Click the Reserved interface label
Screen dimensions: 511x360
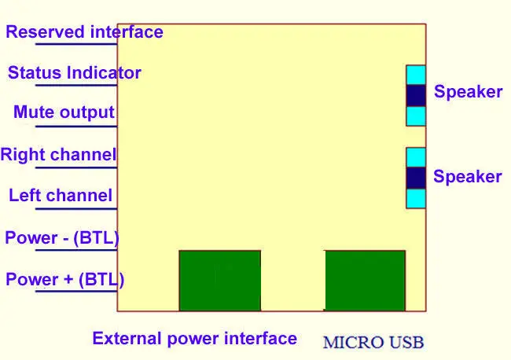pyautogui.click(x=84, y=32)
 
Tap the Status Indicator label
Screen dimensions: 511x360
pyautogui.click(x=75, y=72)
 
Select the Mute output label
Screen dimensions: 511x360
pyautogui.click(x=64, y=112)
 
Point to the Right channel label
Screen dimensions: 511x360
pyautogui.click(x=58, y=154)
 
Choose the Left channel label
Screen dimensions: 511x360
pyautogui.click(x=61, y=195)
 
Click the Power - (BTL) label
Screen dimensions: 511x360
pyautogui.click(x=62, y=237)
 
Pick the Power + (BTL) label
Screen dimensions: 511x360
pyautogui.click(x=64, y=279)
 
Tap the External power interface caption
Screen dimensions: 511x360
pyautogui.click(x=194, y=339)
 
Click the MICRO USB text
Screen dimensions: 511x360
pyautogui.click(x=373, y=343)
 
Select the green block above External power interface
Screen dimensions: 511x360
pyautogui.click(x=220, y=281)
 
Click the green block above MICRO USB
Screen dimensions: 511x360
pyautogui.click(x=366, y=281)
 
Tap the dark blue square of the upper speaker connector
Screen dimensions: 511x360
pyautogui.click(x=416, y=95)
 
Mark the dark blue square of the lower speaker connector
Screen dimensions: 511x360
pyautogui.click(x=416, y=178)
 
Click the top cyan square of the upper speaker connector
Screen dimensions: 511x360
pyautogui.click(x=416, y=75)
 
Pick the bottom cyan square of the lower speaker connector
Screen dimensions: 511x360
pyautogui.click(x=416, y=198)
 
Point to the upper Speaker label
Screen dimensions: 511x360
pyautogui.click(x=468, y=92)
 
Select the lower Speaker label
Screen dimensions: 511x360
pyautogui.click(x=467, y=177)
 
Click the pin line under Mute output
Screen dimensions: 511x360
pyautogui.click(x=76, y=126)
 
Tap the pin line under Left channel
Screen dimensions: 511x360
pyautogui.click(x=76, y=208)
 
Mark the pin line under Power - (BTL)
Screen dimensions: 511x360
pyautogui.click(x=76, y=250)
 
